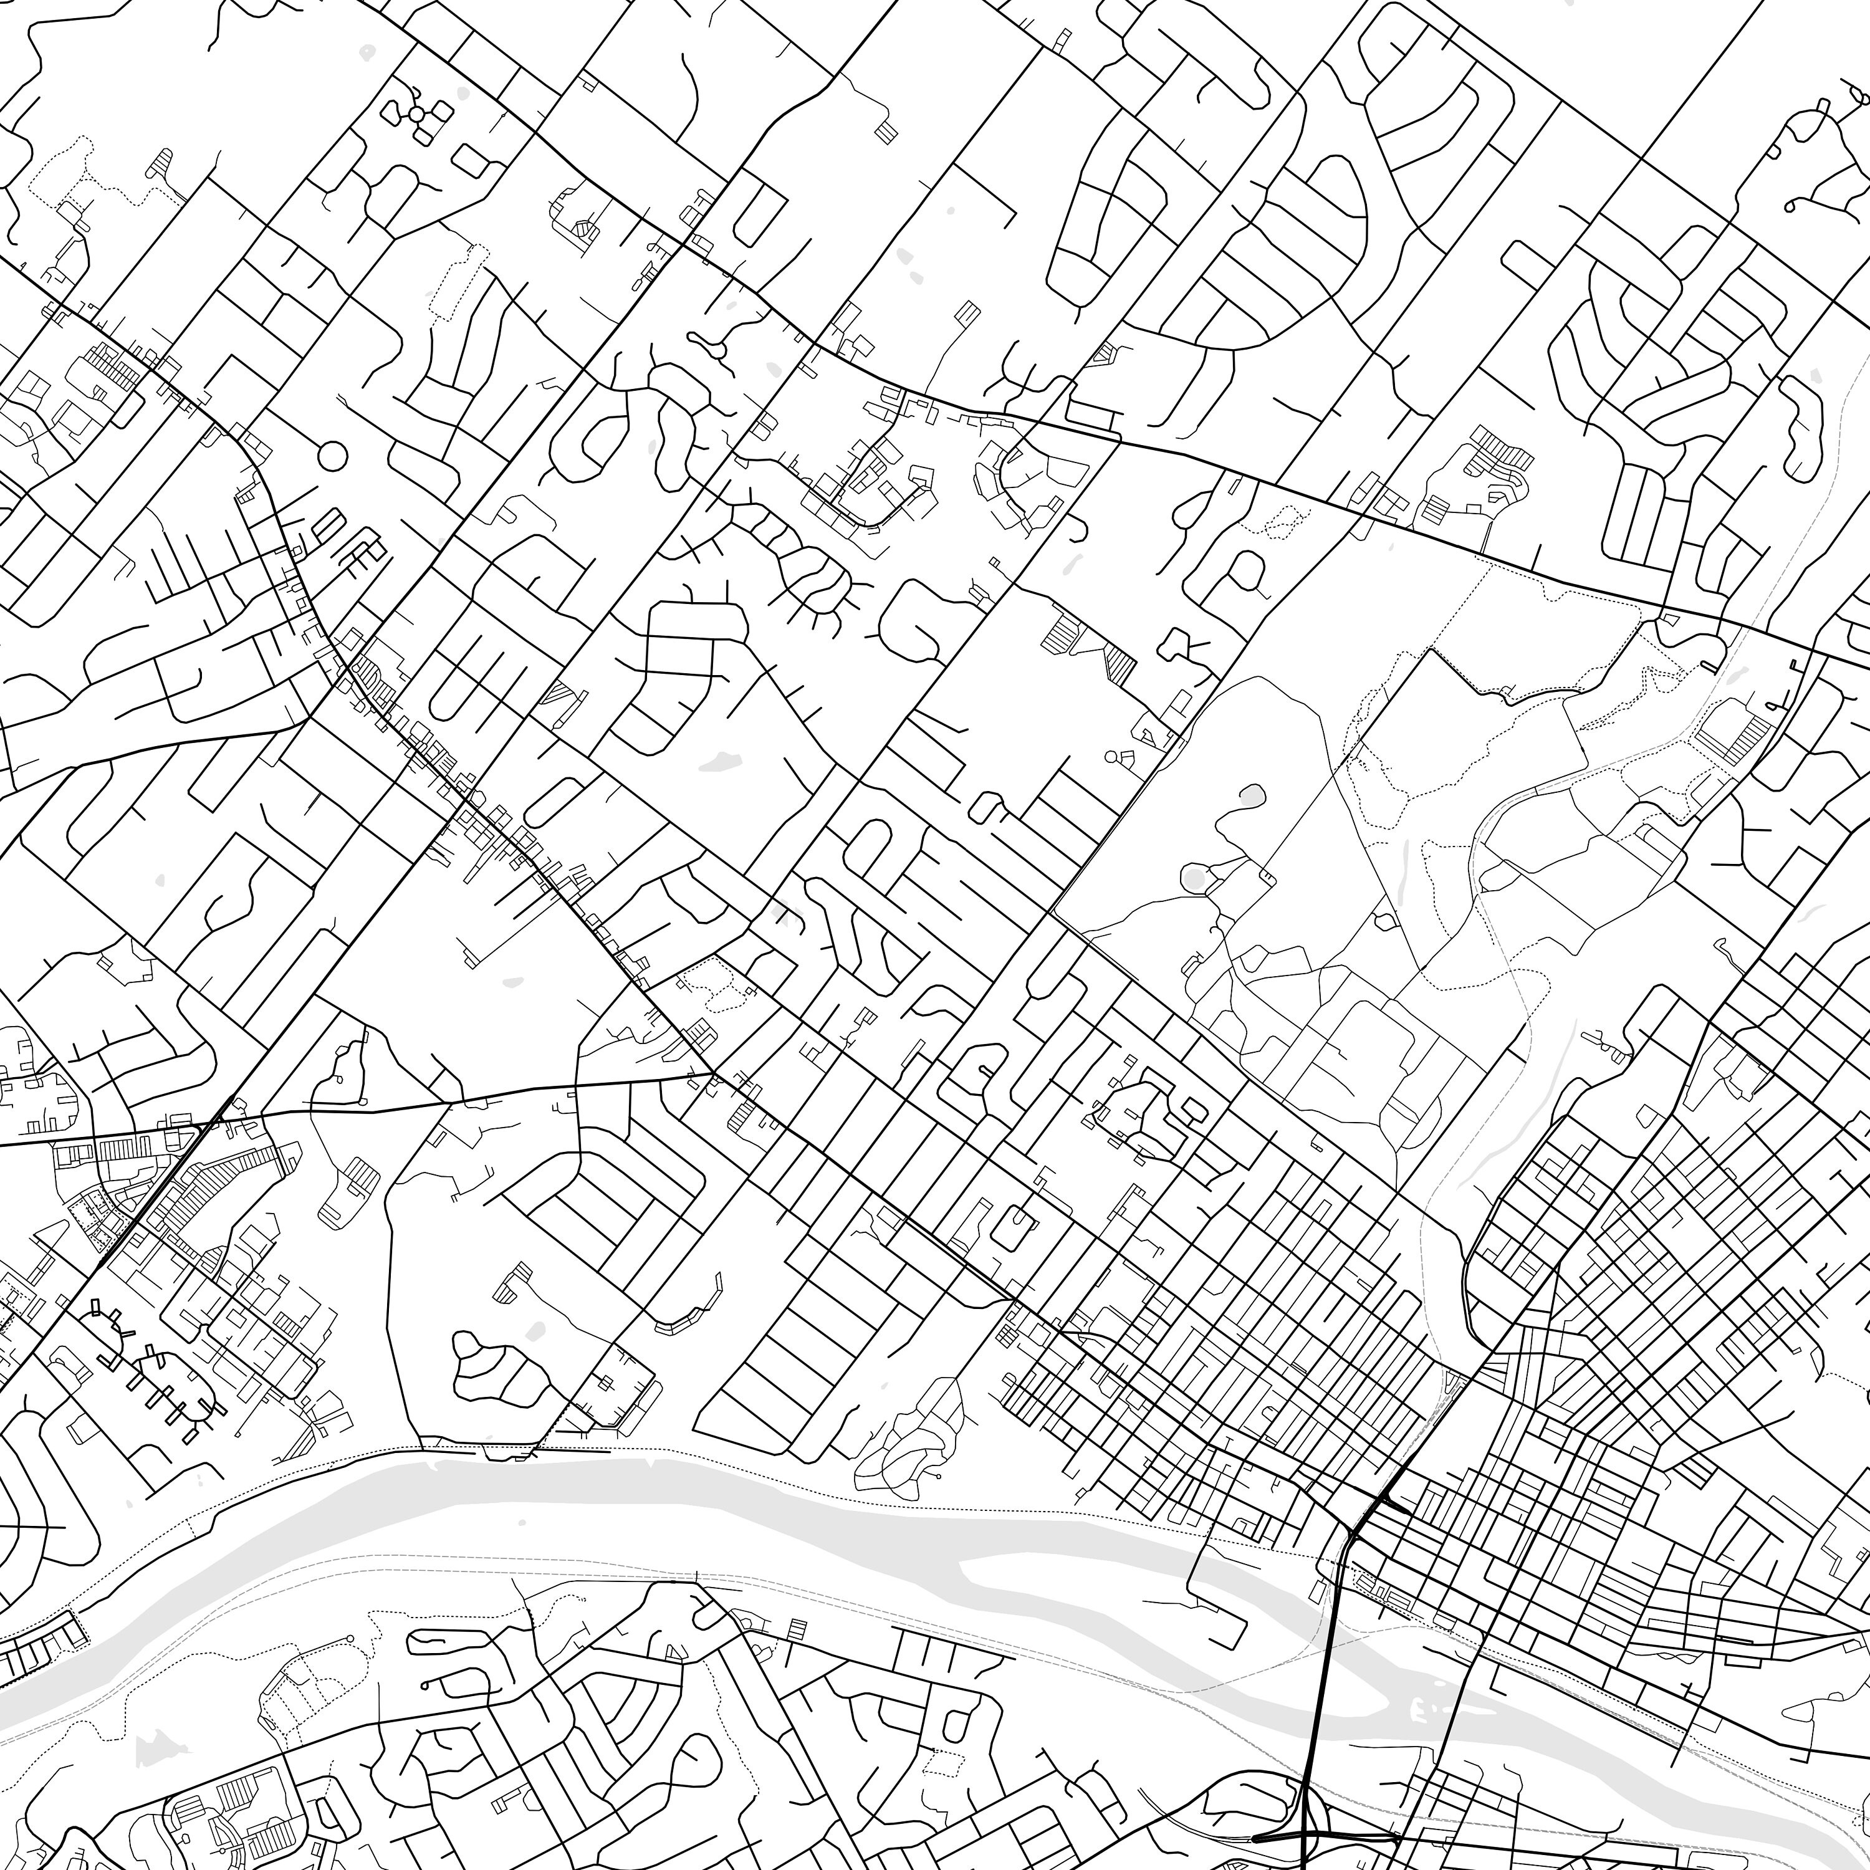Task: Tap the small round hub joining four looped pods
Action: pyautogui.click(x=416, y=114)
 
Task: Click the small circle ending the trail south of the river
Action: pyautogui.click(x=350, y=1639)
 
